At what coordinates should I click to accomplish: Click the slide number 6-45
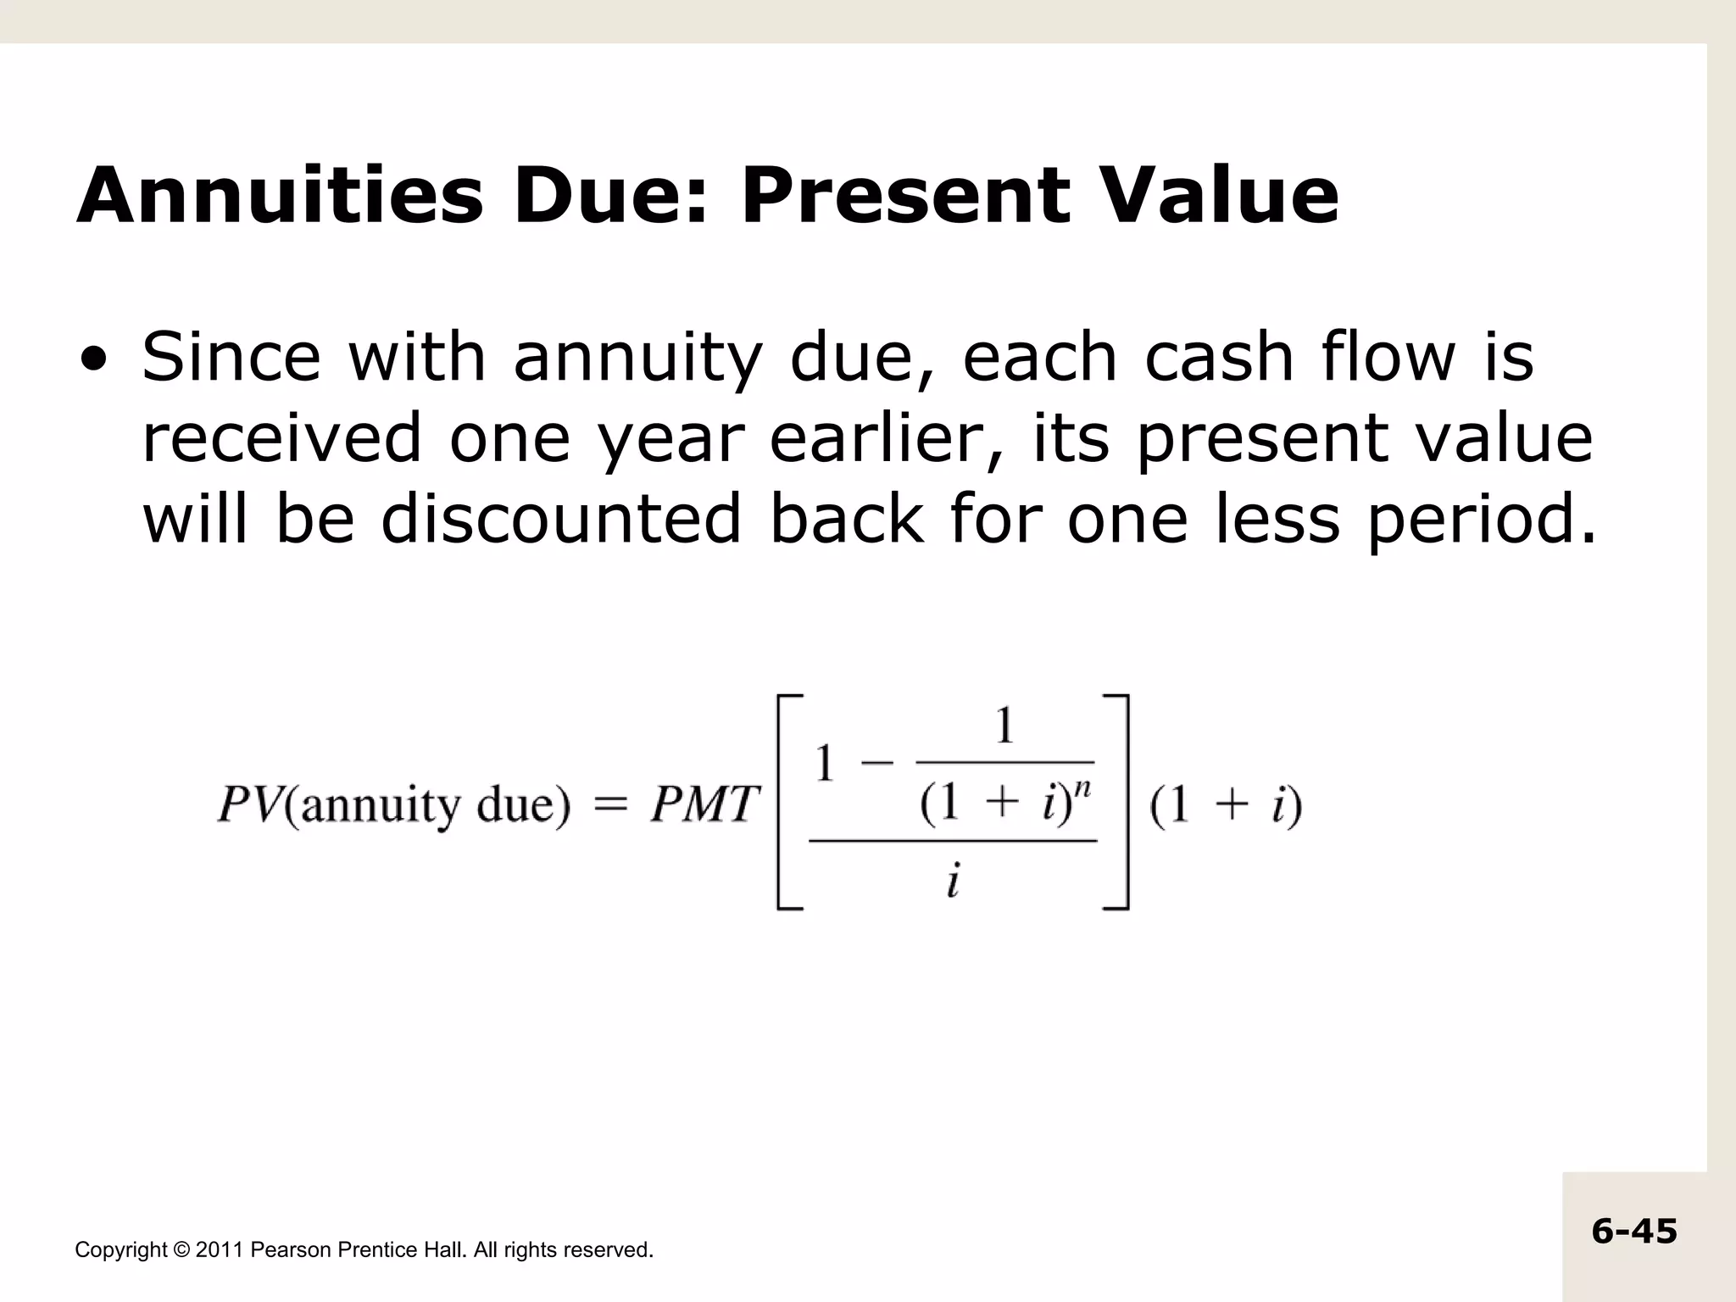pyautogui.click(x=1633, y=1232)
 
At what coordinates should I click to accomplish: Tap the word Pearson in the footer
pyautogui.click(x=292, y=1250)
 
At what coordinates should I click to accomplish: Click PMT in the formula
pyautogui.click(x=703, y=804)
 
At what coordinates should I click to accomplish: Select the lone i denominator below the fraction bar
pyautogui.click(x=953, y=882)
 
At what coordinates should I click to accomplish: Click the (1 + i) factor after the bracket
pyautogui.click(x=1225, y=805)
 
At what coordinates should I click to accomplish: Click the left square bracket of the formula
pyautogui.click(x=788, y=802)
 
